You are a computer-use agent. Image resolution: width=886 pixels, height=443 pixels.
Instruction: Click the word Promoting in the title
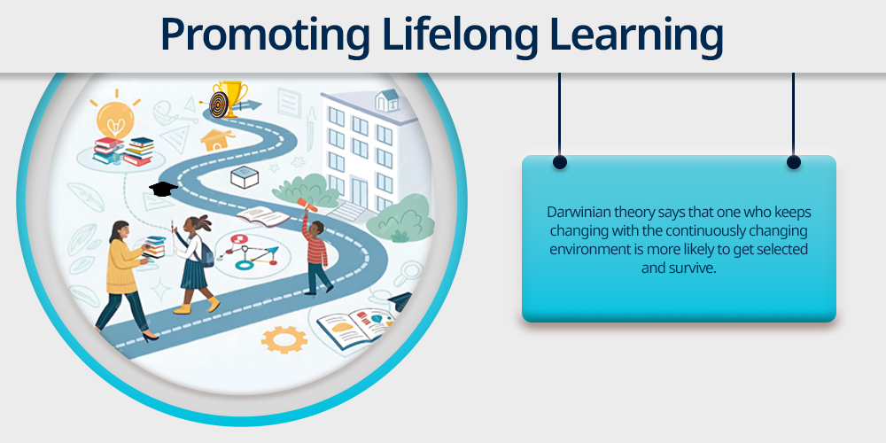[265, 35]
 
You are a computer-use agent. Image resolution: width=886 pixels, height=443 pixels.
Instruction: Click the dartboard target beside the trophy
[219, 105]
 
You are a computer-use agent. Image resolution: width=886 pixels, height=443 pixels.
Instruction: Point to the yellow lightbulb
[115, 115]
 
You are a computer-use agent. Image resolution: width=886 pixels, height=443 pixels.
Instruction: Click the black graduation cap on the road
[163, 189]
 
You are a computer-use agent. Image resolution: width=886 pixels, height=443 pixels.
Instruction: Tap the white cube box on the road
[245, 177]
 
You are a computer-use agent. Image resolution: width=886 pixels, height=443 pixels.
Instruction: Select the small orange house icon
[218, 140]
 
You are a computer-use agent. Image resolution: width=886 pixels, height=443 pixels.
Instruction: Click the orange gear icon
[284, 339]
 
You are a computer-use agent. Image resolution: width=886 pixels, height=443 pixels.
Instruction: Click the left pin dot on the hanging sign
[559, 163]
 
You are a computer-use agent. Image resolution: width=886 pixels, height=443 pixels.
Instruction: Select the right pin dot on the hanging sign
[793, 163]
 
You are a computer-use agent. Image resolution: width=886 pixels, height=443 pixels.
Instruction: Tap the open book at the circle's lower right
[356, 328]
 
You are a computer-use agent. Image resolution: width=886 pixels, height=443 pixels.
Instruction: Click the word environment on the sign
[584, 250]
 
